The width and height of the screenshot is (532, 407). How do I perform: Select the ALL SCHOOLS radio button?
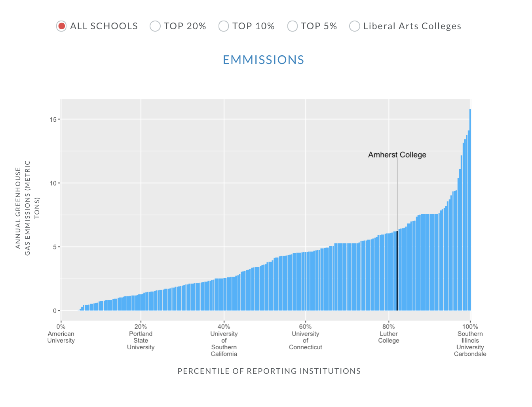[x=61, y=26]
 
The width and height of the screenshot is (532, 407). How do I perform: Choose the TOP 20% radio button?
[x=155, y=26]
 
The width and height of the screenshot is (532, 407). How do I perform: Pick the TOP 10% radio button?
[x=224, y=26]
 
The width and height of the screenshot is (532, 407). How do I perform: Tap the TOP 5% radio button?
[x=292, y=26]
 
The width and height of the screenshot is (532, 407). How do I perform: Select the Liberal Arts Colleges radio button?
[x=354, y=26]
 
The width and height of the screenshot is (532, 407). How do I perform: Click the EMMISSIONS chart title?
[x=263, y=60]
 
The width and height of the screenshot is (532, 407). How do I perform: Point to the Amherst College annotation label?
[x=397, y=155]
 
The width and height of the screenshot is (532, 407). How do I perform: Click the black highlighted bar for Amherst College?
[x=397, y=273]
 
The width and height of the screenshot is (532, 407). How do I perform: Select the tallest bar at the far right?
[x=470, y=209]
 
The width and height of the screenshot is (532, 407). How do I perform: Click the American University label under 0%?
[x=61, y=337]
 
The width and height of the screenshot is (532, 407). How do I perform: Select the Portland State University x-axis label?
[x=141, y=340]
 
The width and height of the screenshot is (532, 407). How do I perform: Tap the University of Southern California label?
[x=224, y=344]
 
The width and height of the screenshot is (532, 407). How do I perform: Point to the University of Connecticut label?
[x=306, y=340]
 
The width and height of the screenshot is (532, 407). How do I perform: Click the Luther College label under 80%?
[x=389, y=337]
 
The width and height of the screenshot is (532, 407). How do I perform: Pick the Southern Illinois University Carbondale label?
[x=470, y=344]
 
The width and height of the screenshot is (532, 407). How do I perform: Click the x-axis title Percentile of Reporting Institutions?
[x=269, y=371]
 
